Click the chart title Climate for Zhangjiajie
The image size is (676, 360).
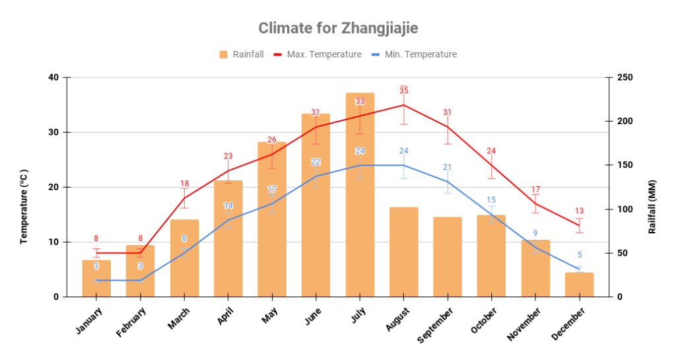[x=338, y=28]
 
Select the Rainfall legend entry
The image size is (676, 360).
[x=241, y=54]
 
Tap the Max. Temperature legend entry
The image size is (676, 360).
[x=317, y=54]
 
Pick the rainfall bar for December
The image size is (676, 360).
[x=579, y=285]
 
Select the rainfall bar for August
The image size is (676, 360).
[x=403, y=252]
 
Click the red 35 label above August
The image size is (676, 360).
[x=403, y=90]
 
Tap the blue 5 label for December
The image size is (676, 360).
[x=580, y=255]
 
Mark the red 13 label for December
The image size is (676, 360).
[x=579, y=211]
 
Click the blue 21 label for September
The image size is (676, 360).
[x=448, y=167]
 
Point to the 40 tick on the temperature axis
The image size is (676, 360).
[x=53, y=77]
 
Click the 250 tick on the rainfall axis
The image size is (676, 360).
[x=625, y=77]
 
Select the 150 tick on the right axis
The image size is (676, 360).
[x=625, y=165]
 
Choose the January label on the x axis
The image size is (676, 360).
[x=90, y=320]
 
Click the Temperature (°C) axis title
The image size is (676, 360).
[x=24, y=206]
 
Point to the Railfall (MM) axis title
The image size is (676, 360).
[x=652, y=206]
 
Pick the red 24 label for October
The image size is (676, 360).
[x=491, y=151]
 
